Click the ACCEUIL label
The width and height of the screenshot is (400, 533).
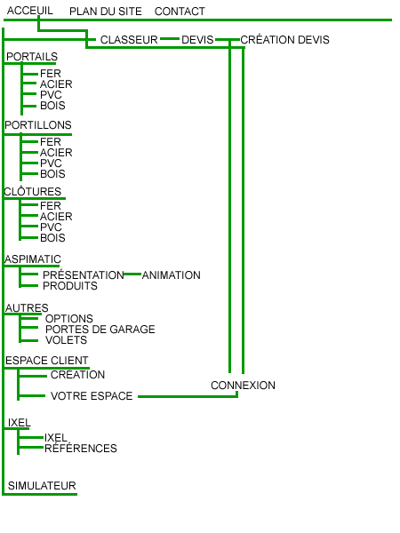click(x=30, y=11)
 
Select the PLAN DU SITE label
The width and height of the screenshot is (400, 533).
click(x=106, y=12)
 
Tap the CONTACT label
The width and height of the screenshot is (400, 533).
click(x=180, y=12)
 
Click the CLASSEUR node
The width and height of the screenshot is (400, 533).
click(x=129, y=40)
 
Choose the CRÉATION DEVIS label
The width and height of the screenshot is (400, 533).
click(x=285, y=40)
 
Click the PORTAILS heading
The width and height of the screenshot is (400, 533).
click(x=32, y=57)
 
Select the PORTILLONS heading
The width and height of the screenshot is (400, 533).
click(x=38, y=124)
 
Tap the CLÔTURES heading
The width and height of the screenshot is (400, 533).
click(x=33, y=191)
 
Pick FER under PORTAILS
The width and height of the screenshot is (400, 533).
click(x=51, y=74)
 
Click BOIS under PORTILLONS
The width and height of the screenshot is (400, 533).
click(x=52, y=174)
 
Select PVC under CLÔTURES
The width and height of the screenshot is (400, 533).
click(x=51, y=227)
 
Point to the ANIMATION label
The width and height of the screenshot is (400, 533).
click(x=171, y=275)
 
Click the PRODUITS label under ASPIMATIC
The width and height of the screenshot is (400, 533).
click(x=70, y=286)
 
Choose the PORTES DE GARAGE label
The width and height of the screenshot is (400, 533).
click(x=100, y=329)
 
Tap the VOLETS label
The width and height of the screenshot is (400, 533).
click(x=66, y=340)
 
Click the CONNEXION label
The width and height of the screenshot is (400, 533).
click(x=243, y=386)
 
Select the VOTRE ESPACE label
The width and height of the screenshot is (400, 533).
click(x=92, y=396)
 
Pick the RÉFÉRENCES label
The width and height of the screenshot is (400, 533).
click(x=81, y=448)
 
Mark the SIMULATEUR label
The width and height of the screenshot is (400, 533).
click(x=42, y=485)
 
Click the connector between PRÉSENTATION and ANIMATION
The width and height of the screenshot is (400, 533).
click(x=132, y=274)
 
